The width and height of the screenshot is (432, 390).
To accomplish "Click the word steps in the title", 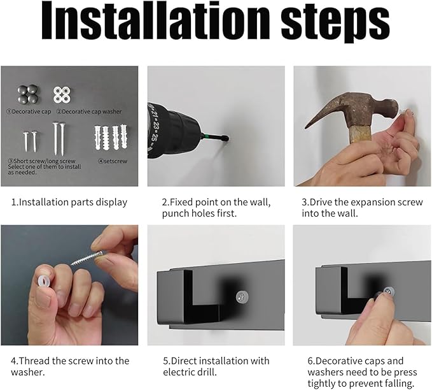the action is coord(335,24).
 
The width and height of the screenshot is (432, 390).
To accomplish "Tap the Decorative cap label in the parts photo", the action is coord(29,112).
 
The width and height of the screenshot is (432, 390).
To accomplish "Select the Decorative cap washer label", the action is coord(89,112).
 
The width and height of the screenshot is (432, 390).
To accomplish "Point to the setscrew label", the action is coord(113,161).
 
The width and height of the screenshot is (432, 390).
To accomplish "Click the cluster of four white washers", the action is coord(62,95).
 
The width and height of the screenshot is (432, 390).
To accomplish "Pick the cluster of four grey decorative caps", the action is coord(28,94).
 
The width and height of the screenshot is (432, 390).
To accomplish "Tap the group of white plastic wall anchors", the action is coord(111,138).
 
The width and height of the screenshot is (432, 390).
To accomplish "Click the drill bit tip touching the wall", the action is coord(226,138).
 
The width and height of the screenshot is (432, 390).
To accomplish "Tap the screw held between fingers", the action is coord(87,257).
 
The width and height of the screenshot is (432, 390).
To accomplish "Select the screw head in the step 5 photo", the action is coord(242,297).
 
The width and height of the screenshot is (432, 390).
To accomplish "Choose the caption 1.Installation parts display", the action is coord(69,202).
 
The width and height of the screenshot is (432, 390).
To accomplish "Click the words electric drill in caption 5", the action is coord(190,372).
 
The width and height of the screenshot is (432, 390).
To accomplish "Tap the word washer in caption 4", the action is coord(27,372).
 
